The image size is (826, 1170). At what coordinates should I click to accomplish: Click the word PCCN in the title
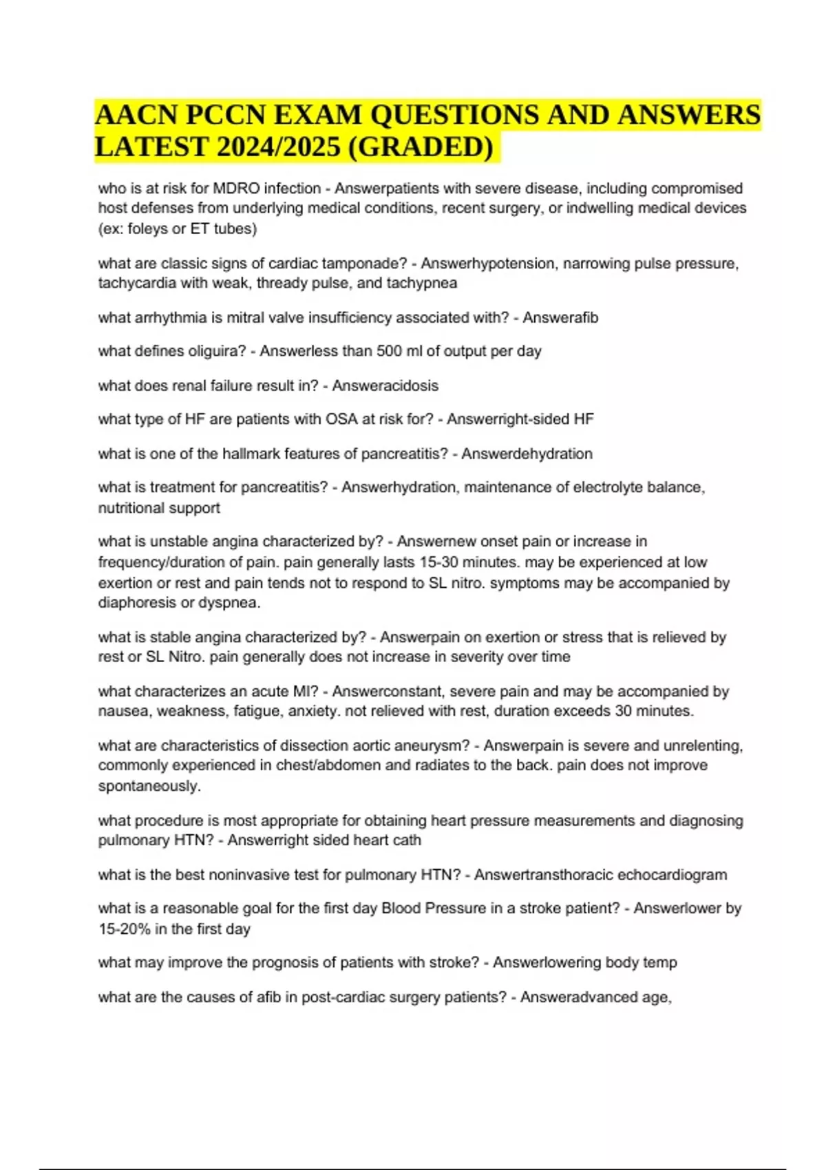click(225, 114)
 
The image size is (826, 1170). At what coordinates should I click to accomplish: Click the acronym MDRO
click(237, 189)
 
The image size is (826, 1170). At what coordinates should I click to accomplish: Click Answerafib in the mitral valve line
click(560, 318)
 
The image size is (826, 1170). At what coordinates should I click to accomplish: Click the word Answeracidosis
click(385, 385)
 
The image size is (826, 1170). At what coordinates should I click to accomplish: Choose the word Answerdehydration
click(527, 454)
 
